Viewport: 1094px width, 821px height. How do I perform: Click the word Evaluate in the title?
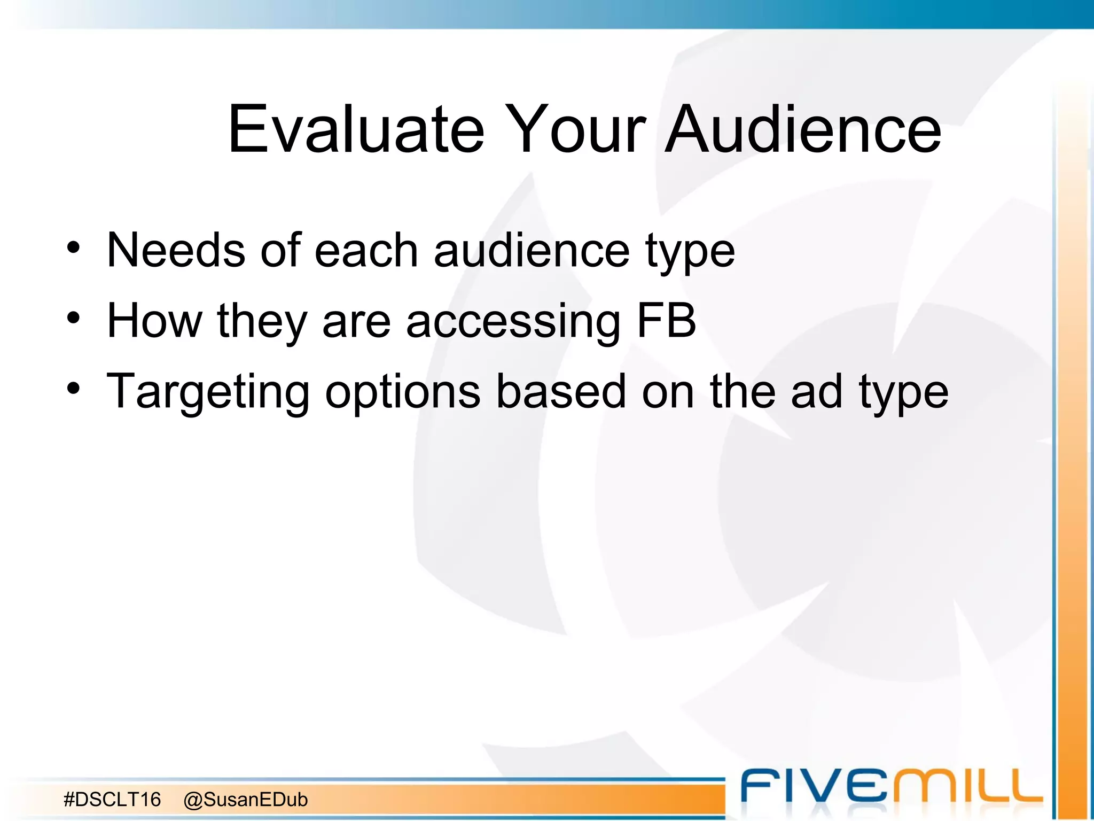[356, 129]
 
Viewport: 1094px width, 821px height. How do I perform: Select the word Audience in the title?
[804, 129]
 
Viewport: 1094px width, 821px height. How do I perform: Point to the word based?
[560, 391]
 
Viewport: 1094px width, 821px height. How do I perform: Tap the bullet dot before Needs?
[73, 248]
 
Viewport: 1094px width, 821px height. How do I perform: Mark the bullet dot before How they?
[73, 319]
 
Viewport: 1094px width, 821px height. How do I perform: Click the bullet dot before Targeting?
[73, 389]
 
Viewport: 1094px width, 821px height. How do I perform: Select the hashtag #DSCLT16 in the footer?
[112, 800]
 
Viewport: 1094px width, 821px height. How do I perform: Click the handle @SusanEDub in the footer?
[246, 800]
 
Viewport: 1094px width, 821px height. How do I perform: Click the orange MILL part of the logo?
[970, 786]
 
